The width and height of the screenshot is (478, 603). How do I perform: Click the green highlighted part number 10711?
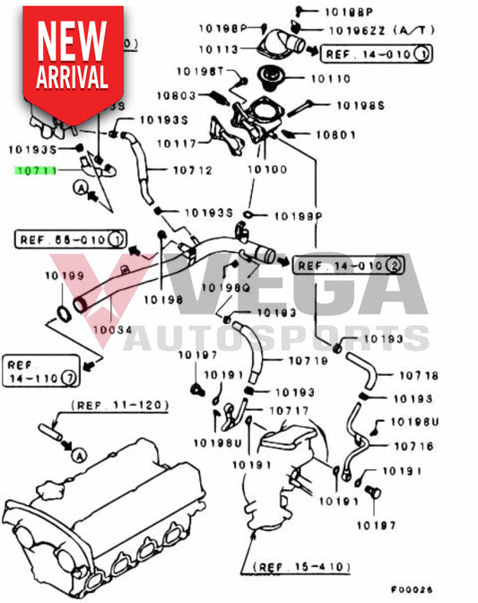(x=35, y=170)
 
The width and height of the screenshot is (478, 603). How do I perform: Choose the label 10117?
(x=178, y=142)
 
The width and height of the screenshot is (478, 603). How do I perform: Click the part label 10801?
(x=335, y=135)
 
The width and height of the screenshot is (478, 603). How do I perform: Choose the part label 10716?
(x=413, y=445)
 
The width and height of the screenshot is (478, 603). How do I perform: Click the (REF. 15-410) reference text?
(x=301, y=567)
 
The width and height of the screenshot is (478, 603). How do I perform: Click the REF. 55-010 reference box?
(x=71, y=239)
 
